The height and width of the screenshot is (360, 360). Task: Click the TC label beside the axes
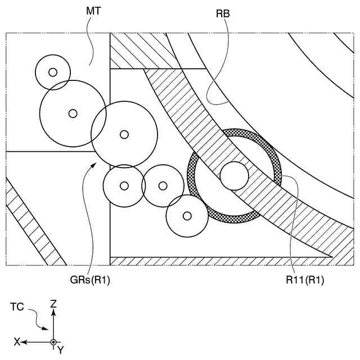click(x=17, y=307)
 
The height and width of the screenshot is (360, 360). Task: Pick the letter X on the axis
click(x=17, y=341)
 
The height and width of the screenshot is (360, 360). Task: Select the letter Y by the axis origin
click(x=61, y=349)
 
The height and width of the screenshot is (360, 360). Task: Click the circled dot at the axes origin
click(x=53, y=341)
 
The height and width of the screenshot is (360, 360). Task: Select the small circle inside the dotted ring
click(x=234, y=176)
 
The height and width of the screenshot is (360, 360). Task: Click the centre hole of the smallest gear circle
click(x=53, y=72)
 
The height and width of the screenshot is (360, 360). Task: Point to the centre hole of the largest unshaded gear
click(x=73, y=113)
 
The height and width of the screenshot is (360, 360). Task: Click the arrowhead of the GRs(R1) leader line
click(x=94, y=163)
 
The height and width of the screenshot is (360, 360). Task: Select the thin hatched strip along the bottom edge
click(x=214, y=261)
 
